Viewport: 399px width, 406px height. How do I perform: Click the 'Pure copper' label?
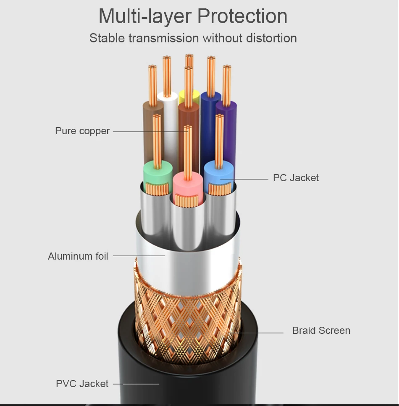82,131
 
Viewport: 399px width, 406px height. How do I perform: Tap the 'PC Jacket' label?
296,178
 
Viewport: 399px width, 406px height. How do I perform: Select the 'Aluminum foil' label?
78,256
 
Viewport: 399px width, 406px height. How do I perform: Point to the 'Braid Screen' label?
321,331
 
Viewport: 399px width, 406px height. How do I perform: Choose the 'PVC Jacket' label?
82,384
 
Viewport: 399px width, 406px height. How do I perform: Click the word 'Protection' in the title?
242,17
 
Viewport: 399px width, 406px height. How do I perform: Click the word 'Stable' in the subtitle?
107,38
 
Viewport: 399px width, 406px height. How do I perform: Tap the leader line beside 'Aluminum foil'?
139,255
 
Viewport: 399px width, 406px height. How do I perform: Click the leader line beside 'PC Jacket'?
246,179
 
